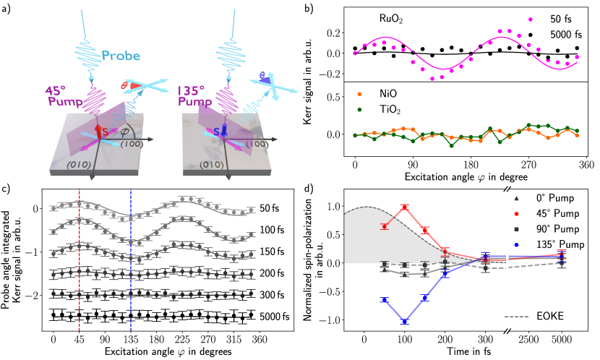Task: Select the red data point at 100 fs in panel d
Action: (405, 207)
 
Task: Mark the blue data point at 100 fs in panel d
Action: (405, 322)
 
